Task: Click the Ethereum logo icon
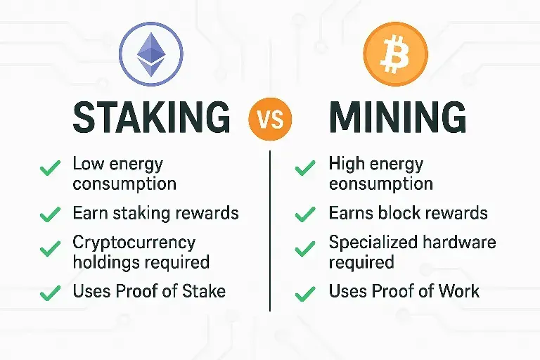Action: point(151,54)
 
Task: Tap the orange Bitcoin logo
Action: point(396,54)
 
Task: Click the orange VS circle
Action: point(270,119)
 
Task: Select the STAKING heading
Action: point(152,117)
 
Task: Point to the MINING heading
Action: point(398,117)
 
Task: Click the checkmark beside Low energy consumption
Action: point(51,168)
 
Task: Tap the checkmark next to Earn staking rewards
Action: point(51,214)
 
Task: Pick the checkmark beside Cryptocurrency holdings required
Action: point(51,248)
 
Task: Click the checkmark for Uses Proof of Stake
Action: point(51,293)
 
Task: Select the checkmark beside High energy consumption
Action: point(305,168)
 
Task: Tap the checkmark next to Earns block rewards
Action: point(305,214)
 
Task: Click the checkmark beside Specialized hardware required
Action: point(305,248)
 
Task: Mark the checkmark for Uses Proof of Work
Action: point(305,294)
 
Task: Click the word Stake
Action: point(203,291)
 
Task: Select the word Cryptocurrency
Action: point(134,243)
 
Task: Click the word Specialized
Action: point(373,243)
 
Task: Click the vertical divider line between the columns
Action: point(270,231)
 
